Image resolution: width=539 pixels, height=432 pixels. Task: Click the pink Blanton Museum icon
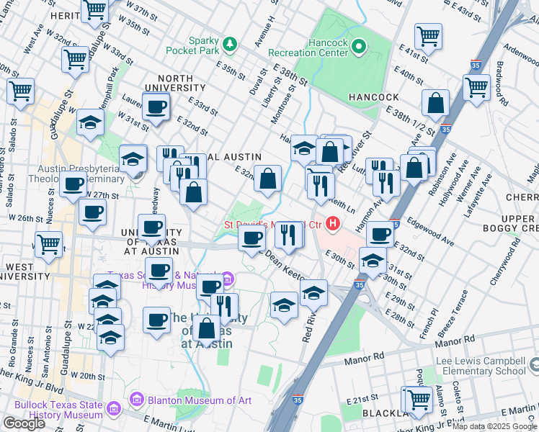(135, 399)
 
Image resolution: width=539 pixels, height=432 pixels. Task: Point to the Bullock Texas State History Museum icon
(113, 410)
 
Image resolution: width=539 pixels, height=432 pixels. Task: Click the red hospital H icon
(332, 225)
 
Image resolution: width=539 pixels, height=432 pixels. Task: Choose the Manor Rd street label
(361, 356)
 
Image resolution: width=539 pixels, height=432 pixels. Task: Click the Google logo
(24, 423)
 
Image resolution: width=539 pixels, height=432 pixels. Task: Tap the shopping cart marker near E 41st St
(428, 37)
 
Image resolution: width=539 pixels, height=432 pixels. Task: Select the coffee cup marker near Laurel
(155, 109)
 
